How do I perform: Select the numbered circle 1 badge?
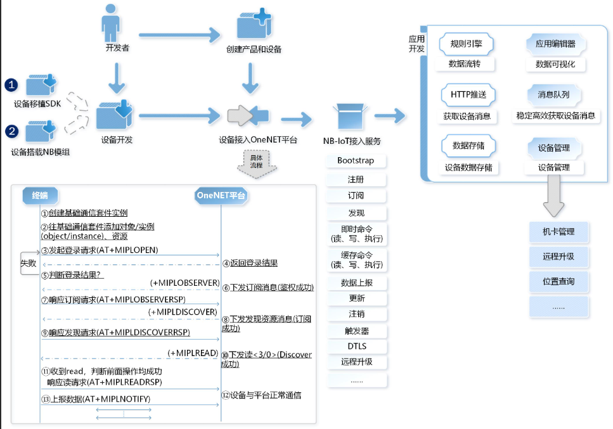coord(11,85)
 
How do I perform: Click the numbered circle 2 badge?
coord(11,131)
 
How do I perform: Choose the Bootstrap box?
coord(356,161)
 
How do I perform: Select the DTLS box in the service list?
coord(356,347)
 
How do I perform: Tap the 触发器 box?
coord(356,331)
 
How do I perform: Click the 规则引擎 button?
coord(467,44)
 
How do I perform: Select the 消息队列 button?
coord(553,95)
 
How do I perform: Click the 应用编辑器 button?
coord(555,44)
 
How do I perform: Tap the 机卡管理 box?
coord(558,232)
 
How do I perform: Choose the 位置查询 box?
coord(558,281)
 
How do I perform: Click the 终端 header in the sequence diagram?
coord(44,195)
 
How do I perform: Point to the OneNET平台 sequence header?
coord(221,195)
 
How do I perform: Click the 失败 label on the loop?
coord(29,262)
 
